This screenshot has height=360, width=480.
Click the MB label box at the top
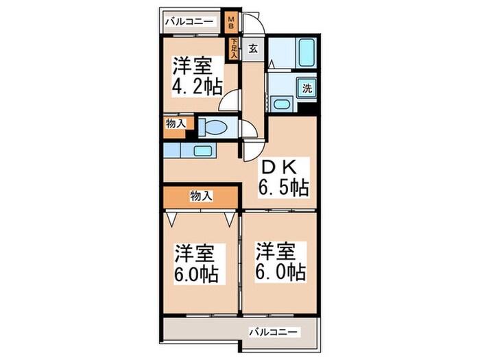[x=232, y=23]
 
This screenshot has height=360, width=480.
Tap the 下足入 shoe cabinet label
[x=235, y=48]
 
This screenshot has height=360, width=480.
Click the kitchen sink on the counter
[x=202, y=151]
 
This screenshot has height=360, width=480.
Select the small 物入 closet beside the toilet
[x=176, y=124]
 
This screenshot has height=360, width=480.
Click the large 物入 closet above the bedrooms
[x=200, y=196]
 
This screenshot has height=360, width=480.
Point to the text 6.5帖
[x=283, y=187]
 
